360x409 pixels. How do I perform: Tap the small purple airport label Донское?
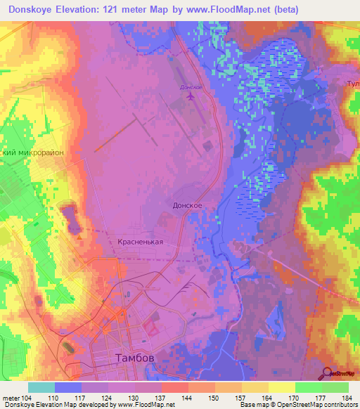(x=191, y=87)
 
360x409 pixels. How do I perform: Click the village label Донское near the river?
(x=188, y=205)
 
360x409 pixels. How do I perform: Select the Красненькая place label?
(x=140, y=242)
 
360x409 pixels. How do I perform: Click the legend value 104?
(x=27, y=398)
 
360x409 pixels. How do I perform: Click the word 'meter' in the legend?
(x=11, y=398)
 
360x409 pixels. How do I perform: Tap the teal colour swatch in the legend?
(x=41, y=387)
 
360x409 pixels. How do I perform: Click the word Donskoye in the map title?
(x=33, y=10)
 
